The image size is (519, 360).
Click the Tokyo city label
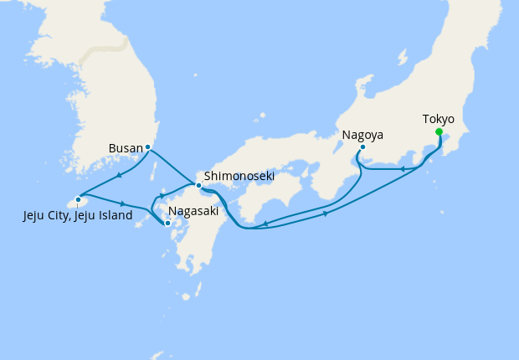tap(439, 119)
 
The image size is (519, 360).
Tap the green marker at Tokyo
tap(439, 131)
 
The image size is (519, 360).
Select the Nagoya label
tap(362, 134)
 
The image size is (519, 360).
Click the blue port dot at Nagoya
tap(362, 147)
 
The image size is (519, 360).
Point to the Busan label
tap(126, 148)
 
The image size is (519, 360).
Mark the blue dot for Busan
tap(147, 147)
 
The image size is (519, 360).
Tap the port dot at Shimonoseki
tap(198, 185)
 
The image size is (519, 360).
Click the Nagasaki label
tap(193, 212)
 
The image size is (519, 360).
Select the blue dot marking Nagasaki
tap(167, 223)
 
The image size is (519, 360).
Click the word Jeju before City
tap(37, 216)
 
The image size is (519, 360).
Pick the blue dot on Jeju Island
tap(78, 199)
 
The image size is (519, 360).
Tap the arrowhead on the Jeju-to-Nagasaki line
tap(124, 203)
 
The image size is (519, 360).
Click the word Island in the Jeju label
tap(113, 216)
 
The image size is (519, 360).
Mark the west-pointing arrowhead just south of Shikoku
tap(265, 224)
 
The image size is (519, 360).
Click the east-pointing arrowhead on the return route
tap(325, 214)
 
